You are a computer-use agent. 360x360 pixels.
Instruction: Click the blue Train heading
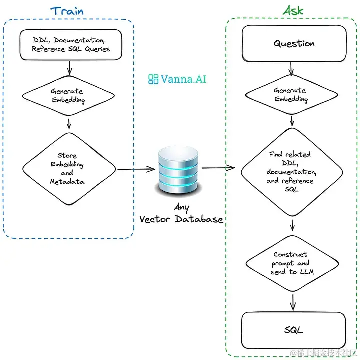tap(67, 11)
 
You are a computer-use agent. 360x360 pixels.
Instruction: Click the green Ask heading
tap(293, 10)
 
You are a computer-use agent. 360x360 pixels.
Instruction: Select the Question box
tap(294, 43)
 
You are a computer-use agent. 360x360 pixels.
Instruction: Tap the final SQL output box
tap(293, 330)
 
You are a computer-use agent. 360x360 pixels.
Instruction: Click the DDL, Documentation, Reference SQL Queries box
tap(71, 45)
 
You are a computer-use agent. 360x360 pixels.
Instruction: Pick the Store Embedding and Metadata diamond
tap(69, 169)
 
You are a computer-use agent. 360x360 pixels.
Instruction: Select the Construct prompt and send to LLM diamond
tap(292, 263)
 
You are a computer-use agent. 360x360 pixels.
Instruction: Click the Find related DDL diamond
tap(292, 172)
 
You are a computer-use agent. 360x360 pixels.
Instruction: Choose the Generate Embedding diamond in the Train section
tap(68, 95)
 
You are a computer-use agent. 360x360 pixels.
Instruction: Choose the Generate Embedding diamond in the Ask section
tap(291, 95)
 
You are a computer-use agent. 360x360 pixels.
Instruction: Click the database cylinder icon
tap(178, 171)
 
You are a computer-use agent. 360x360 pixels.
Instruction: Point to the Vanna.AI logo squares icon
tap(153, 79)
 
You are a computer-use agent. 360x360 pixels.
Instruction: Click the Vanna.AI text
tap(183, 79)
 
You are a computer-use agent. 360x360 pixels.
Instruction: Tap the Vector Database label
tap(181, 219)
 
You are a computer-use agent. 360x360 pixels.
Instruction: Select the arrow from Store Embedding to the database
tap(136, 169)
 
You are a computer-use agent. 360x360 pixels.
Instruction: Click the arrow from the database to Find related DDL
tap(218, 168)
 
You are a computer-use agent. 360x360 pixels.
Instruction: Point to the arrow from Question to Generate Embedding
tap(291, 69)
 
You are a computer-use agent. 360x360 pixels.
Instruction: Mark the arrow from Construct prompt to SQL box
tap(293, 302)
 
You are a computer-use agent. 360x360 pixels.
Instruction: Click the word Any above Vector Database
tap(182, 208)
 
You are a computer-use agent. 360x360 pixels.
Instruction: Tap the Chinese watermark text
tap(323, 353)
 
